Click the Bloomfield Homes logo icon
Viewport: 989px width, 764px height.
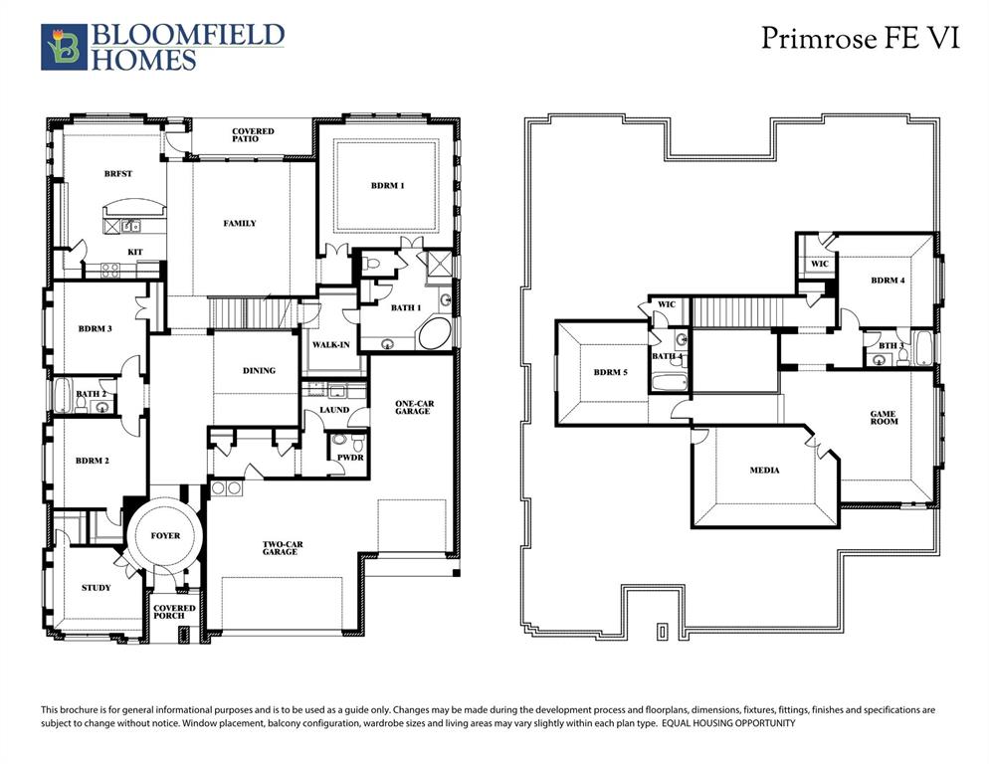click(x=63, y=48)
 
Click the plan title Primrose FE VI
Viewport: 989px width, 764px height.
click(x=861, y=39)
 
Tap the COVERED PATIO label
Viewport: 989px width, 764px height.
click(x=253, y=135)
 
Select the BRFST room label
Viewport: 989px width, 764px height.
click(x=118, y=174)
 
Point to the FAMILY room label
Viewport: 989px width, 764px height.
click(x=239, y=224)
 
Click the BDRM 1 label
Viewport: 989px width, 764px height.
click(x=388, y=186)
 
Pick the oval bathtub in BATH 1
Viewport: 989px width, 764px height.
click(x=435, y=334)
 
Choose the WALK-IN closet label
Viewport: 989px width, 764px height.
click(x=329, y=344)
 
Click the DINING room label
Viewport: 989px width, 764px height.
click(x=259, y=371)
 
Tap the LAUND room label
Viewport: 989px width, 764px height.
click(x=334, y=410)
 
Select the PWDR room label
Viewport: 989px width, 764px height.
click(x=350, y=458)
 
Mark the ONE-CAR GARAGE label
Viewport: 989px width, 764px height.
click(x=412, y=407)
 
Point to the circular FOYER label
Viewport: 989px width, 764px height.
click(x=165, y=536)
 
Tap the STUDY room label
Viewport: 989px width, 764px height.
click(x=97, y=588)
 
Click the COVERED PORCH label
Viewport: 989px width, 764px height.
click(x=174, y=612)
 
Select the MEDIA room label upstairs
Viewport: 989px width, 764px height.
click(x=765, y=470)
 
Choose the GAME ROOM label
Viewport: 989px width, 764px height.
click(x=884, y=418)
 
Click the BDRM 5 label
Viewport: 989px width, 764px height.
click(x=612, y=372)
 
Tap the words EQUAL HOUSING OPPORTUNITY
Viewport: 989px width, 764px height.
click(x=728, y=724)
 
